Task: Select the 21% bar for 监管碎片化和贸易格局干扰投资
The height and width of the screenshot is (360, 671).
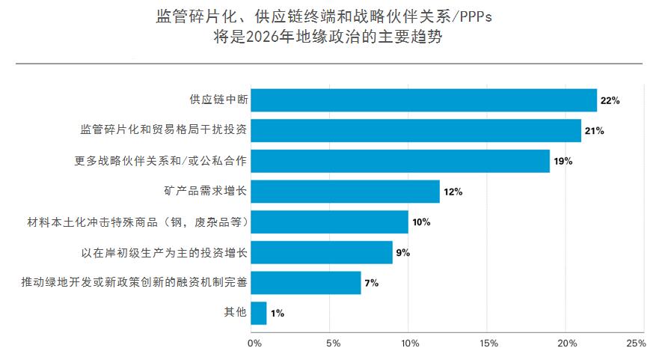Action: [x=416, y=131]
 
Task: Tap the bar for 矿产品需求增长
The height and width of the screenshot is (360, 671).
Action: [x=345, y=192]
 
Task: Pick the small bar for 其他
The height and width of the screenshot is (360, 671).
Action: [x=258, y=313]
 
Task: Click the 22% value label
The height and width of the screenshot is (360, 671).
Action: [x=610, y=100]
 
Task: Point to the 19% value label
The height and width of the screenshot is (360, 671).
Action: [x=563, y=161]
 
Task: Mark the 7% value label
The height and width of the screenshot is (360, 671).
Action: [x=371, y=283]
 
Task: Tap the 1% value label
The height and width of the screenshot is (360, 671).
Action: [x=278, y=314]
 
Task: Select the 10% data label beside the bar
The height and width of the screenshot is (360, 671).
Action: [x=421, y=222]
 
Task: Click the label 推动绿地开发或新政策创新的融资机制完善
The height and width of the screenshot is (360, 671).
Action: [x=134, y=282]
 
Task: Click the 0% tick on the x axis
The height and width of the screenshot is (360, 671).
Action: [x=254, y=343]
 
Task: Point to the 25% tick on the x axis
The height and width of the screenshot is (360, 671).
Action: [x=637, y=343]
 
